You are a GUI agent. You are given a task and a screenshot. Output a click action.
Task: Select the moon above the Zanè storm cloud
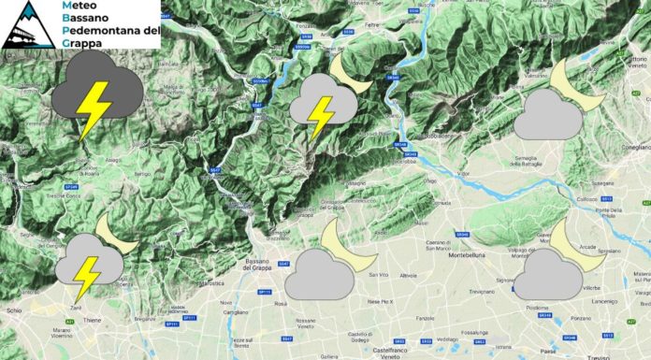pos(115,233)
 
